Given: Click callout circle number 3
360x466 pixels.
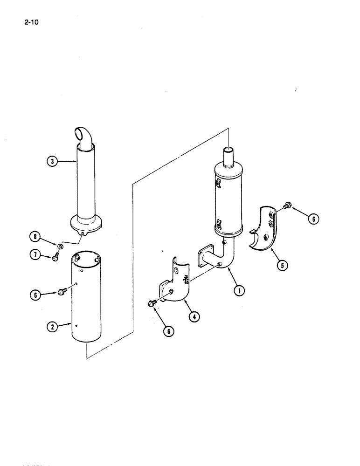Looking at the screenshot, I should tap(53, 162).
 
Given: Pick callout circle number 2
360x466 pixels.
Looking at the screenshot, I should tap(53, 327).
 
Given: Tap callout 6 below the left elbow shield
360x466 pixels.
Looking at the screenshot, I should tap(167, 331).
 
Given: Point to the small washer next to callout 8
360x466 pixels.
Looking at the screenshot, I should tap(61, 245).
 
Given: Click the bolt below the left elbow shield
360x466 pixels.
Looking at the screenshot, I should tap(152, 304).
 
